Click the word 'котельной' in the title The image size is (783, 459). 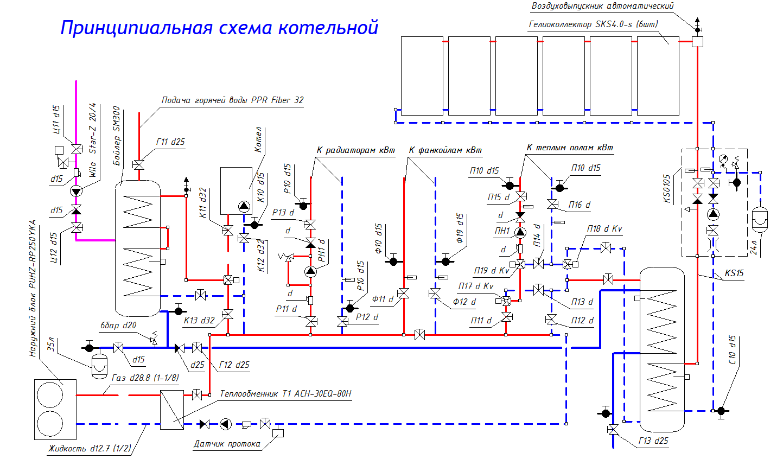[328, 27]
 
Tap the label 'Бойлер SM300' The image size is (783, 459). [117, 137]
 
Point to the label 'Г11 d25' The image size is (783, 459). [170, 142]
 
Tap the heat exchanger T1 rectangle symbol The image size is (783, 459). [172, 410]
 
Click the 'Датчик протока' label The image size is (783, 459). [227, 444]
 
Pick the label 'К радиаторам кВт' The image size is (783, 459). [355, 150]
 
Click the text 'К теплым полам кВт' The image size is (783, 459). [570, 148]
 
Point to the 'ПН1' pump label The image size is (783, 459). [502, 231]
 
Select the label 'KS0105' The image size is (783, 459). [667, 188]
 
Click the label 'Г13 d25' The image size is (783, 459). [653, 441]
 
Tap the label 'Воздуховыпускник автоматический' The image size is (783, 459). [602, 6]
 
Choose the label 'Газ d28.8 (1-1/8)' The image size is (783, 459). [145, 378]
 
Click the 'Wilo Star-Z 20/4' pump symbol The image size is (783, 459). [77, 191]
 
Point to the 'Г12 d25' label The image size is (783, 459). [234, 365]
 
